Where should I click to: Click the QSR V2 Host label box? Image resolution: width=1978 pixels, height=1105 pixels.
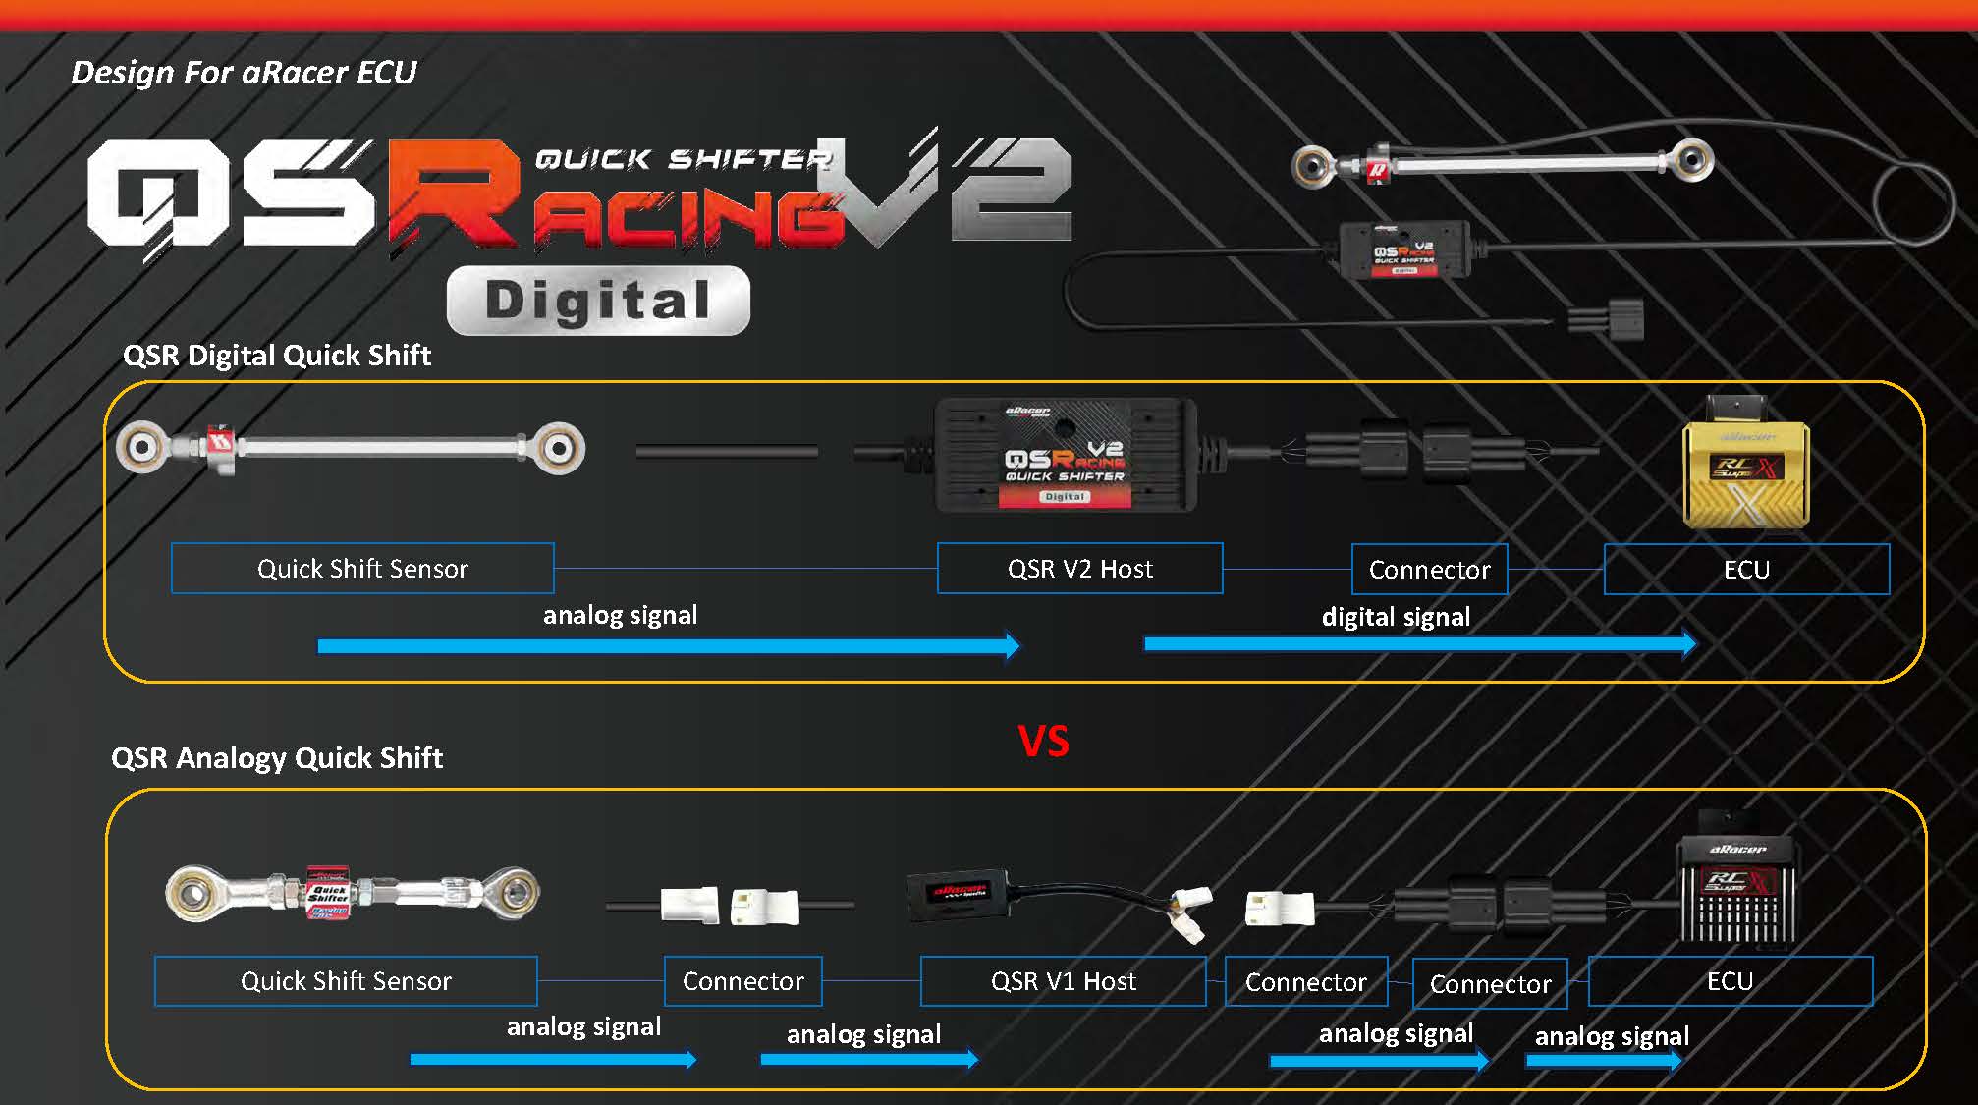tap(1079, 569)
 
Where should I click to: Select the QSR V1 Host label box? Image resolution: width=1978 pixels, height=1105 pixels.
tap(1063, 981)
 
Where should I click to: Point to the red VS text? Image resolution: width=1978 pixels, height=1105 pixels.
tap(1043, 742)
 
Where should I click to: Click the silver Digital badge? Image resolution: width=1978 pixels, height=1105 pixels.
tap(598, 301)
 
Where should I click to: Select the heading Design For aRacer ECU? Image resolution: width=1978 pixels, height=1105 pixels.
tap(244, 72)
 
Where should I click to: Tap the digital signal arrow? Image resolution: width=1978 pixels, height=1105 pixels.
tap(1419, 644)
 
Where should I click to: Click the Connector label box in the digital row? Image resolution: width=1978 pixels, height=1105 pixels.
tap(1429, 570)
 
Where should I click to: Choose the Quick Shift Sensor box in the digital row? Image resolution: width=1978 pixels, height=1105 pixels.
tap(362, 569)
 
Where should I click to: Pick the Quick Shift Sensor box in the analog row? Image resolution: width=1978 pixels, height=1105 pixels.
tap(346, 981)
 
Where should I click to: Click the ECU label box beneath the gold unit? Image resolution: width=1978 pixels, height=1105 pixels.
tap(1746, 570)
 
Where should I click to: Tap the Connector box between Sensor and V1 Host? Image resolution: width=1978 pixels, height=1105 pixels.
tap(742, 981)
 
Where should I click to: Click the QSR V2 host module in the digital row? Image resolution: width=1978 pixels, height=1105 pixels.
tap(1066, 456)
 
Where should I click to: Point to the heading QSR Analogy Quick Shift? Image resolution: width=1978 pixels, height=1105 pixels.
tap(277, 758)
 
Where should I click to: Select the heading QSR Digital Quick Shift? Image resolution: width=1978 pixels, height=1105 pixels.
tap(277, 356)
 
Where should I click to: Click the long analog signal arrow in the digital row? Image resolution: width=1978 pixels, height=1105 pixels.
tap(668, 646)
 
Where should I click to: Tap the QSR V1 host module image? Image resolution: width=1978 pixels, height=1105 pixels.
tap(958, 894)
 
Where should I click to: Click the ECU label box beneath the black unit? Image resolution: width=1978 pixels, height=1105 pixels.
tap(1730, 981)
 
